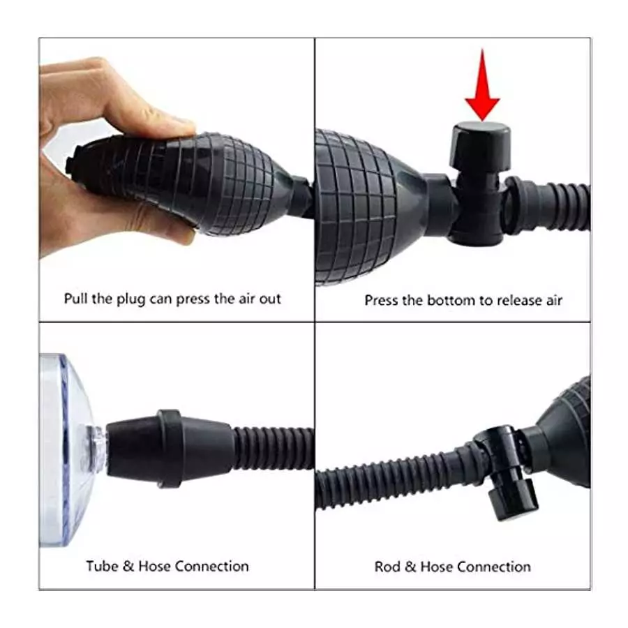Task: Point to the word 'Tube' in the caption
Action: click(102, 565)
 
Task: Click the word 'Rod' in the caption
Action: click(387, 567)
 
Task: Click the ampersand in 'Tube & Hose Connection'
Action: click(129, 565)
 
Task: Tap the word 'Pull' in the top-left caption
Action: click(76, 299)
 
